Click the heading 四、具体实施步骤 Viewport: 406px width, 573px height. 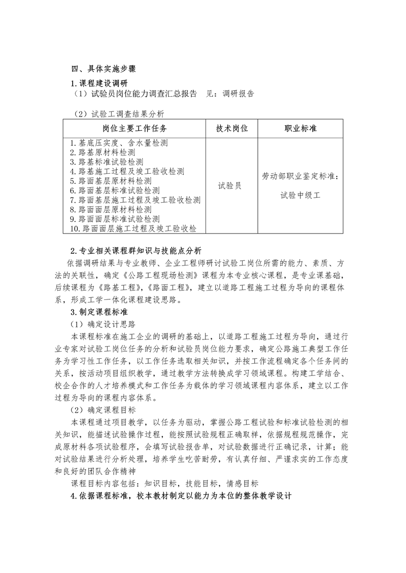click(103, 69)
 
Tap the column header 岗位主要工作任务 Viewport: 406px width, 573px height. click(134, 129)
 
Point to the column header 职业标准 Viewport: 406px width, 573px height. click(300, 129)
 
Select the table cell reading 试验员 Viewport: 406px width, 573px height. click(229, 186)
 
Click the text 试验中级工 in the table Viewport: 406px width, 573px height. click(300, 195)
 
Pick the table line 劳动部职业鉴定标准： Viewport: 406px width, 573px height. click(300, 176)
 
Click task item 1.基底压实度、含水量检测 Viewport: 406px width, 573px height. click(119, 143)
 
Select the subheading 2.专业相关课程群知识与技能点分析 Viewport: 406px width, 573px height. click(136, 251)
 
